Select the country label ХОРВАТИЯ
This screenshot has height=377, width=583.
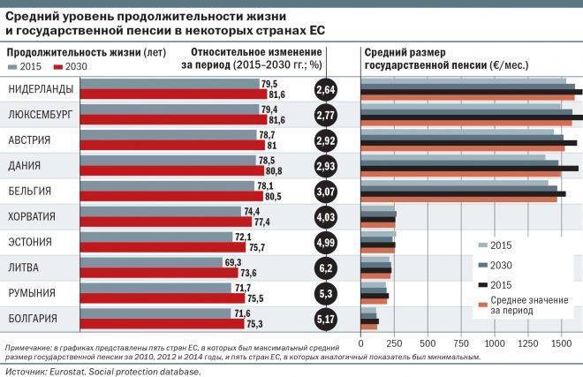point(32,216)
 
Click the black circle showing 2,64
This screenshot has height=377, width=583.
point(325,90)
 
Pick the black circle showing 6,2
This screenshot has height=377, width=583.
point(325,268)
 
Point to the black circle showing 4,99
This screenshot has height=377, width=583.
point(325,243)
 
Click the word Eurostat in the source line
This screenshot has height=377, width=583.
point(78,371)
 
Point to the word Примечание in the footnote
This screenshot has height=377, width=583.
point(31,347)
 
